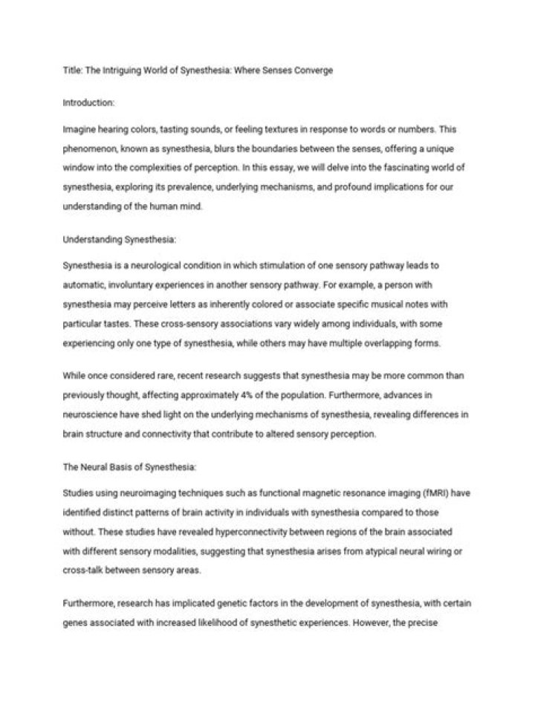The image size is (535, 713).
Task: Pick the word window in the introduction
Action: pos(79,169)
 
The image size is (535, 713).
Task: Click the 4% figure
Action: pos(308,396)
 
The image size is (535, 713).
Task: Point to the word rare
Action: pos(159,377)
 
